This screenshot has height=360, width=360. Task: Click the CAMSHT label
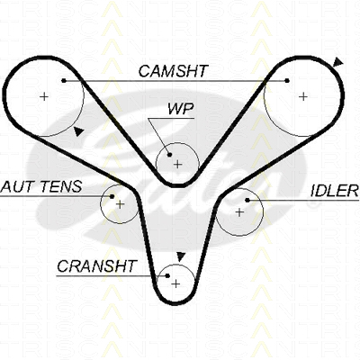(173, 71)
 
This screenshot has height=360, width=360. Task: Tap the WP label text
(180, 109)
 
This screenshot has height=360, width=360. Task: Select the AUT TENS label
(41, 186)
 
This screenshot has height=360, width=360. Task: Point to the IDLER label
(335, 191)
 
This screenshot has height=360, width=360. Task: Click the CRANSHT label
(97, 265)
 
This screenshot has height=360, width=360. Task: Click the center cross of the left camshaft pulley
(44, 96)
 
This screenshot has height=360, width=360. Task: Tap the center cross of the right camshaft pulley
(303, 96)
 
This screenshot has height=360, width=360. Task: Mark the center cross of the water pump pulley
(178, 165)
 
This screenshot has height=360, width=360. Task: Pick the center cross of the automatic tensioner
(120, 204)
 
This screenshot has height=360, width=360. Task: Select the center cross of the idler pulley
(239, 212)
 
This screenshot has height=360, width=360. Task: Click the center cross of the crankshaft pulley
(176, 283)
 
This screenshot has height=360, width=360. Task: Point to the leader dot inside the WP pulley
(169, 155)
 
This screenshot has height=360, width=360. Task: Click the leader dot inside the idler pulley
(247, 200)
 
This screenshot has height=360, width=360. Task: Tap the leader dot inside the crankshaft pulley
(167, 275)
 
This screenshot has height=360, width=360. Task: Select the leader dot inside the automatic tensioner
(112, 196)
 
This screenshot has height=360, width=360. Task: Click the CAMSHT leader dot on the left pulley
(64, 80)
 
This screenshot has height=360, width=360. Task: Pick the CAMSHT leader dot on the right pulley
(287, 80)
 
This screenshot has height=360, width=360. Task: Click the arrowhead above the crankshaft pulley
(180, 256)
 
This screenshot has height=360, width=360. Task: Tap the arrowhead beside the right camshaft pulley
(338, 62)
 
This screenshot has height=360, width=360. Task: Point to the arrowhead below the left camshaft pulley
(78, 131)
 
